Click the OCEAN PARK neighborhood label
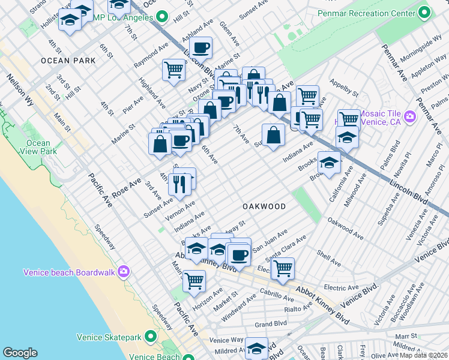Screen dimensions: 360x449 (68, 61)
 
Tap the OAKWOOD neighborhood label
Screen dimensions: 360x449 (264, 206)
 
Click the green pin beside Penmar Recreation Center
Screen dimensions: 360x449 (424, 13)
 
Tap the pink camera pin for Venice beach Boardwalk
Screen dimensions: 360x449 (124, 272)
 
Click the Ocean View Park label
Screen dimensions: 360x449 (41, 147)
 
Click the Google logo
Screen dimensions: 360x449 (19, 353)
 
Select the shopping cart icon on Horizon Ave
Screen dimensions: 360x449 (194, 280)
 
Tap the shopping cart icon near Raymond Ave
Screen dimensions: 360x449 (173, 69)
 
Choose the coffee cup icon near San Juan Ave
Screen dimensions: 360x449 (239, 254)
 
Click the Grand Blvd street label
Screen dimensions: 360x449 (270, 325)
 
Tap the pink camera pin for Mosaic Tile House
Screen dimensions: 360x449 (410, 116)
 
